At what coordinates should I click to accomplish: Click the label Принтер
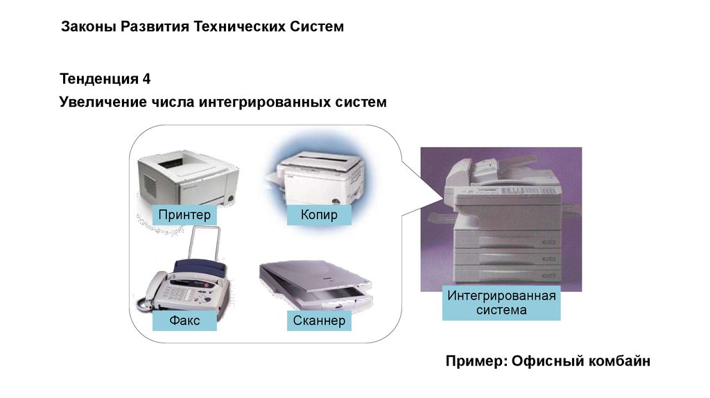click(184, 215)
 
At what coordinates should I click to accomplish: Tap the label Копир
click(319, 215)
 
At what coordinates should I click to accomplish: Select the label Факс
click(184, 320)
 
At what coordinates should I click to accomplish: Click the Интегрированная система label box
click(501, 303)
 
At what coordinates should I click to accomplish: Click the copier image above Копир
click(320, 173)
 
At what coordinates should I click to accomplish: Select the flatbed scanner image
click(315, 284)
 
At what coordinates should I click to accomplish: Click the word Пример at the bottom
click(471, 362)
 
